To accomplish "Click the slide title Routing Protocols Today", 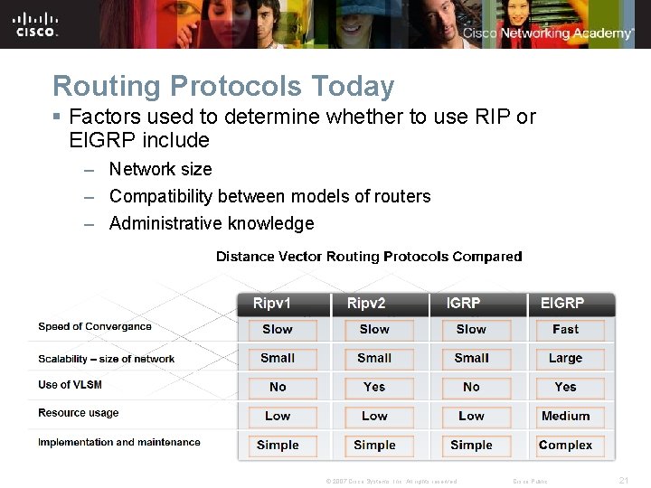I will pos(223,86).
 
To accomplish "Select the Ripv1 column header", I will pos(272,303).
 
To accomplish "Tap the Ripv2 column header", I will pos(366,303).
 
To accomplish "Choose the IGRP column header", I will pos(463,303).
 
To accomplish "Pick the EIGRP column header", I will pos(561,303).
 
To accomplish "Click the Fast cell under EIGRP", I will pos(565,330).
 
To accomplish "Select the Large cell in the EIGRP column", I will pos(565,359).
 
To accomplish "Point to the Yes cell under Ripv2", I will pos(374,387).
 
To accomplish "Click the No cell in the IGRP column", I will pos(471,387).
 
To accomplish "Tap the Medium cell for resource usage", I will pos(565,417).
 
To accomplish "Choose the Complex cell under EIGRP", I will pos(565,446).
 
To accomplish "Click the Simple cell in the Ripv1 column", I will pos(278,446).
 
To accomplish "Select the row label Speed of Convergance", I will pos(95,327).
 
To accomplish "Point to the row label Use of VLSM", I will pos(70,385).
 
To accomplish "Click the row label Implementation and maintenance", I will pos(119,443).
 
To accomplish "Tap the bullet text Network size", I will pos(160,169).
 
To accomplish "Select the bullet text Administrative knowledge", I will pos(212,223).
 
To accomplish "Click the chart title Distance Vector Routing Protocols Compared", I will pos(369,257).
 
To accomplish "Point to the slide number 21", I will pos(623,481).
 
